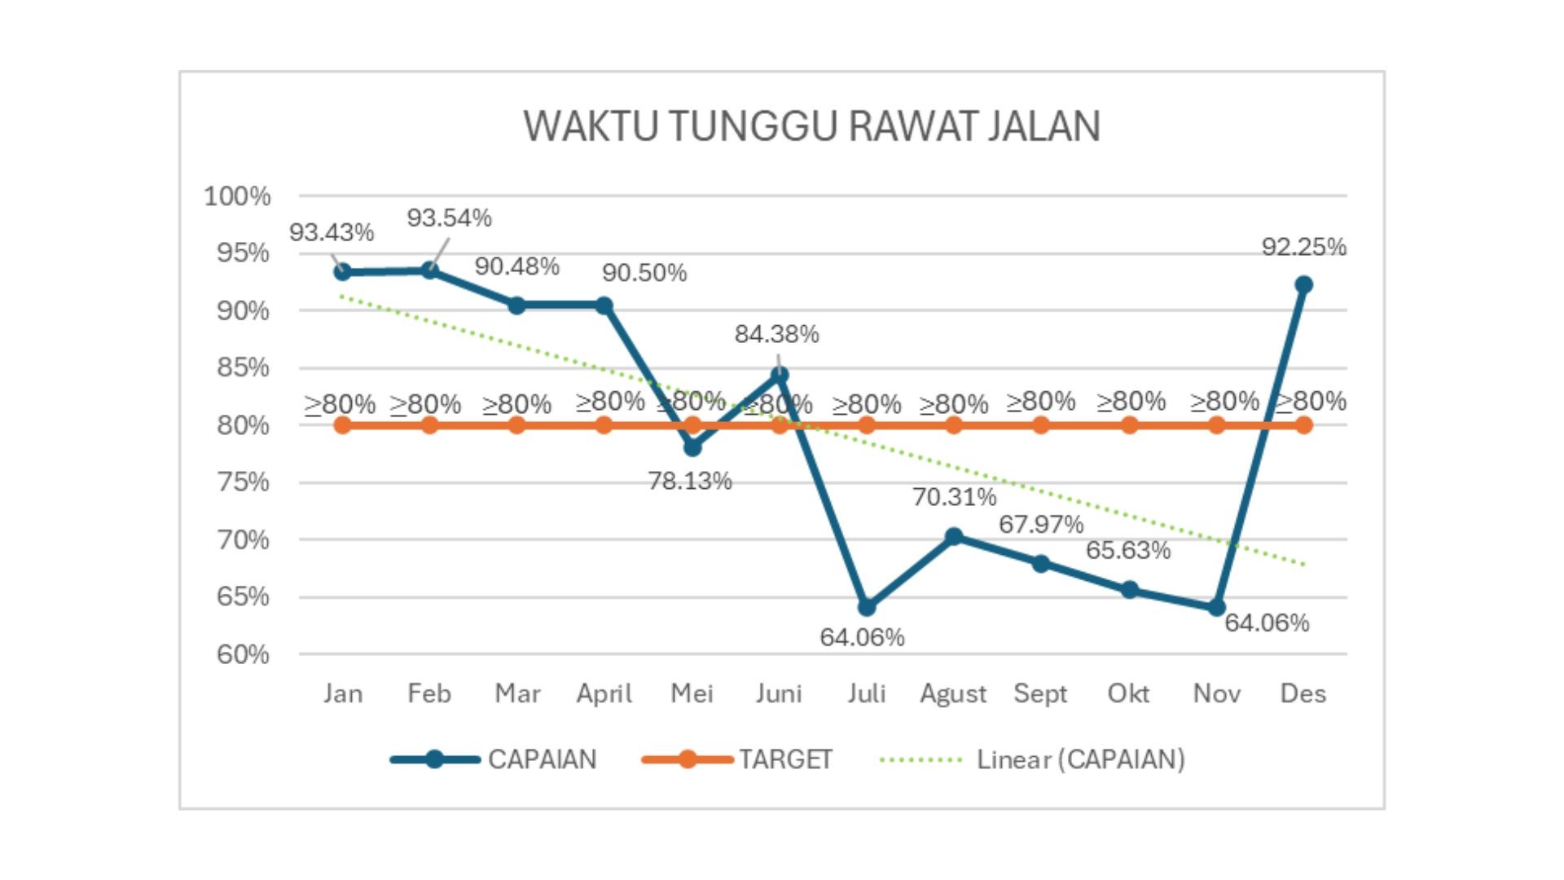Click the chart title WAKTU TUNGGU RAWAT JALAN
811,127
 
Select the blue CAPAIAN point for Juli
867,607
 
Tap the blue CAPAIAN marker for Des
1303,284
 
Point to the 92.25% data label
1303,247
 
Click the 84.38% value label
776,334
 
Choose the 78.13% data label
690,482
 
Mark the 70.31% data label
954,497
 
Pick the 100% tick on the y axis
237,196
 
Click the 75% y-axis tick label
243,482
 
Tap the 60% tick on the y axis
243,654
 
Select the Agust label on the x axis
953,694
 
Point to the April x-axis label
604,694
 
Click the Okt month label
1128,694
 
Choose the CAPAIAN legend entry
542,759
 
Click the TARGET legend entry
785,759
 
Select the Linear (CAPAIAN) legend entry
1080,759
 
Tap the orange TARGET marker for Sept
1041,425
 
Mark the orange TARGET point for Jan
343,425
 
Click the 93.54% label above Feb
449,218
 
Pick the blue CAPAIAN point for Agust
954,536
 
